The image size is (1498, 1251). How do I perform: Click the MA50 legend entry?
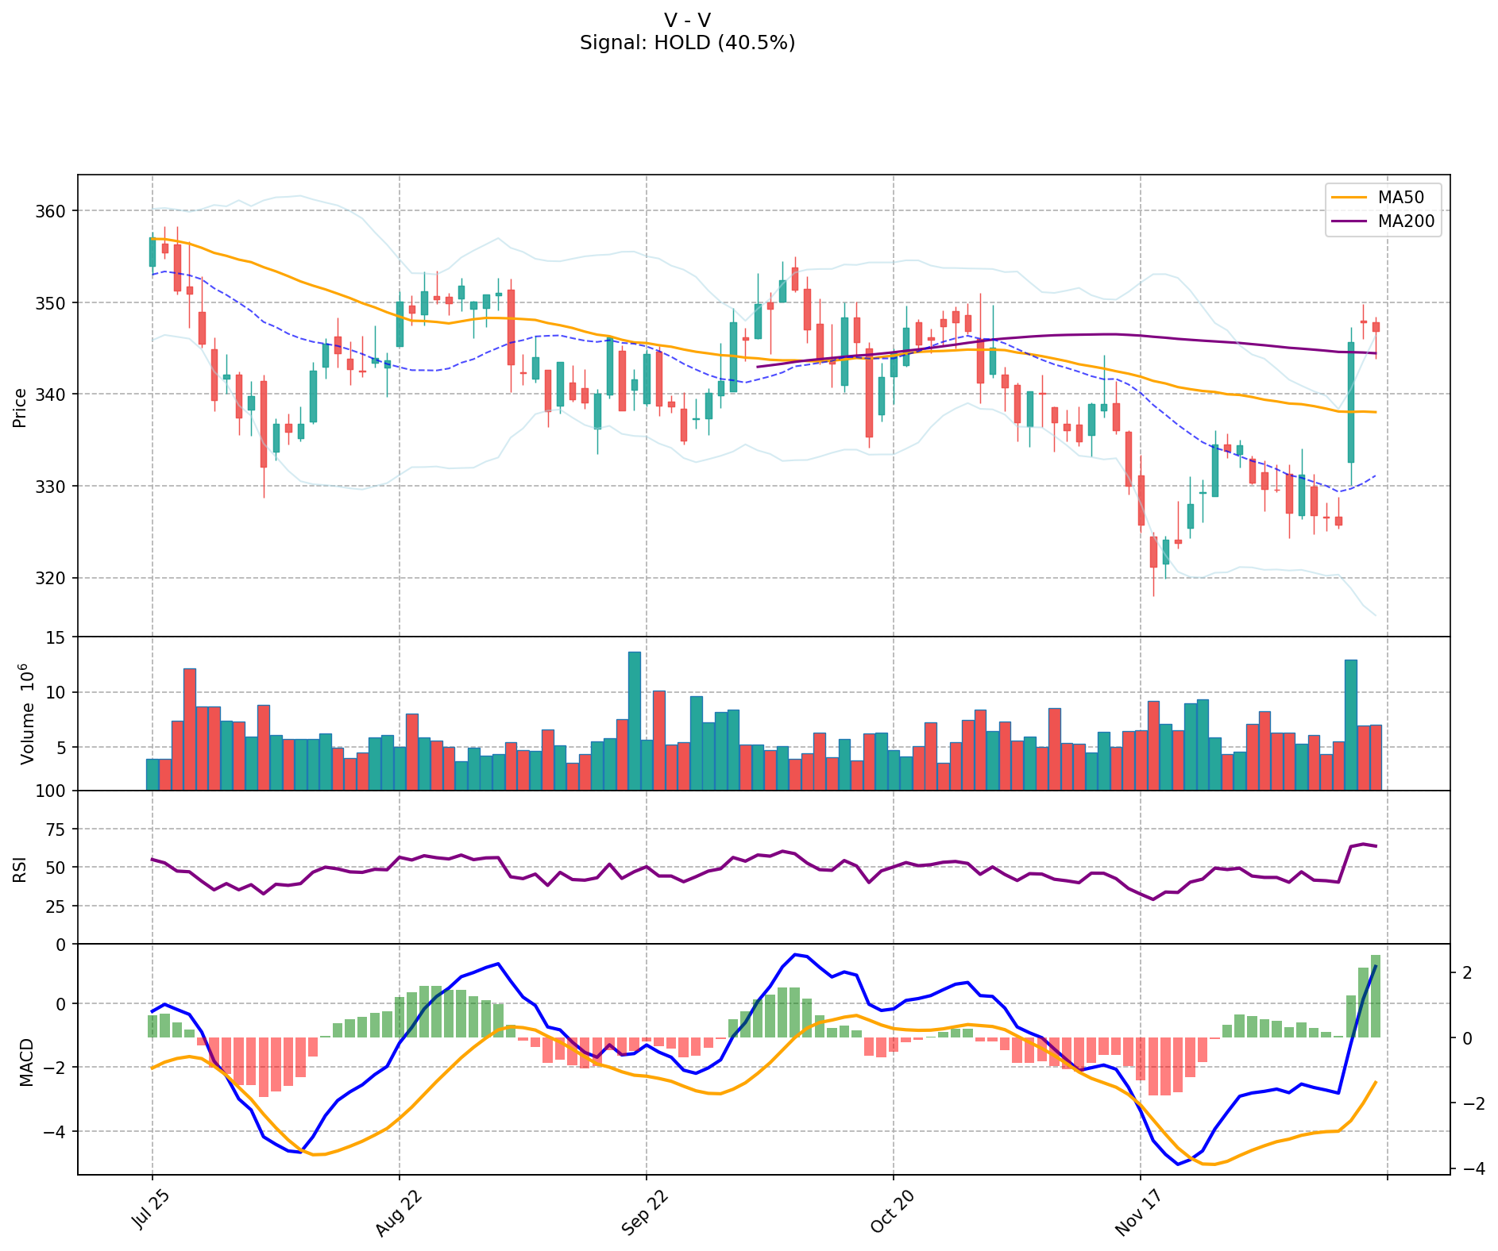click(1400, 197)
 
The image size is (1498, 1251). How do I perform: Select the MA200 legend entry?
click(1406, 221)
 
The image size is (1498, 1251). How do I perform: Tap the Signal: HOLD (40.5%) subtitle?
click(687, 43)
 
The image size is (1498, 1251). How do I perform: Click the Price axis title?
click(20, 408)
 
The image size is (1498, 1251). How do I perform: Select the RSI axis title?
click(20, 868)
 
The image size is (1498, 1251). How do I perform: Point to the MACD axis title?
click(27, 1062)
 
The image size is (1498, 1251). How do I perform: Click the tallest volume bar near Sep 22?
click(635, 721)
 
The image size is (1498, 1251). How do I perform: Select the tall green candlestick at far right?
click(1350, 402)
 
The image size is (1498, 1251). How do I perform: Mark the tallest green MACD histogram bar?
click(1375, 996)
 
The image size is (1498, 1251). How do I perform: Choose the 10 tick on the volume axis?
click(58, 693)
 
